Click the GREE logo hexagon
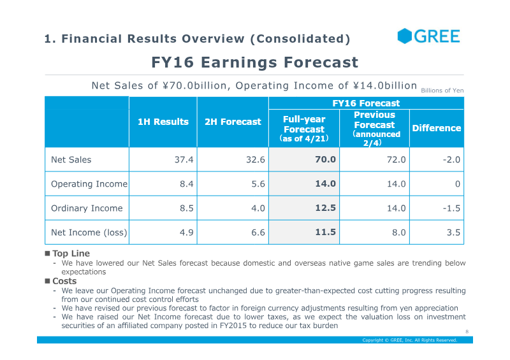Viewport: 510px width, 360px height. (x=405, y=36)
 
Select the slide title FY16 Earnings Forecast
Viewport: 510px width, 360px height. (x=254, y=62)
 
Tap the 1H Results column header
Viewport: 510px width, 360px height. (x=163, y=122)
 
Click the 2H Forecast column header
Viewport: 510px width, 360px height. (x=233, y=122)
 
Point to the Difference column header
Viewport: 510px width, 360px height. (x=437, y=128)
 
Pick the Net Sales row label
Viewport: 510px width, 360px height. (x=71, y=160)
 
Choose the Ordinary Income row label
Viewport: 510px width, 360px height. (x=87, y=208)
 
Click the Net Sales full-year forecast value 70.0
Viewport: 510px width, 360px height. (x=325, y=159)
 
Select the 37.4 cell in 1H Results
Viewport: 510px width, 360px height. (x=184, y=160)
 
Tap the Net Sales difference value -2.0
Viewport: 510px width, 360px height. (x=451, y=160)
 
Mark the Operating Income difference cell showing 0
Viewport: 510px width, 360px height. (x=458, y=184)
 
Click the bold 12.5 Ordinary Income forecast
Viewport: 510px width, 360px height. (x=325, y=208)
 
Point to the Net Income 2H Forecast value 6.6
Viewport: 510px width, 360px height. (x=258, y=233)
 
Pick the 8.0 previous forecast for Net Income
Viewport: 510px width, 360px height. (x=399, y=233)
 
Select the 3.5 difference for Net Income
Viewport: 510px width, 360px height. (x=453, y=233)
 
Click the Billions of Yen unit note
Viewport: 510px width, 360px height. (x=442, y=90)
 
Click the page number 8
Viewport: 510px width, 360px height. (x=467, y=332)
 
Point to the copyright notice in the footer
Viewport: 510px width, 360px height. (x=410, y=340)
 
